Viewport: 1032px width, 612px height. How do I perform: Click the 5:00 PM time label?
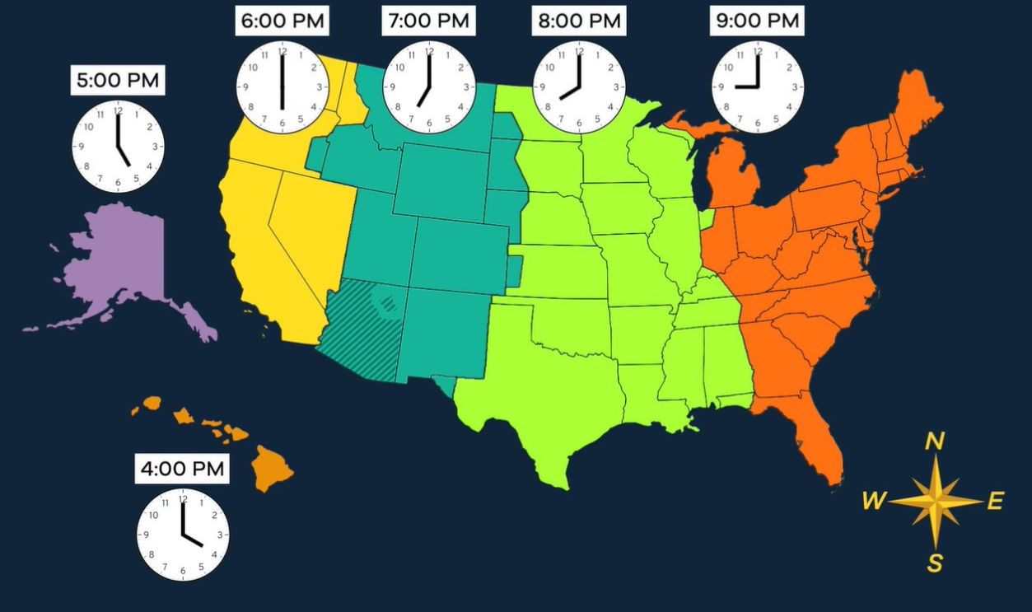[117, 82]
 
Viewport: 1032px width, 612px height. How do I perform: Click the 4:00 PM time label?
[182, 469]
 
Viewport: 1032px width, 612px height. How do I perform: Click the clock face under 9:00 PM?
[758, 86]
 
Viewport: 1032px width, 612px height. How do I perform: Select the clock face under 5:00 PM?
[118, 147]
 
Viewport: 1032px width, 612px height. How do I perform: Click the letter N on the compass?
[935, 442]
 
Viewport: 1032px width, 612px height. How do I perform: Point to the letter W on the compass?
[874, 500]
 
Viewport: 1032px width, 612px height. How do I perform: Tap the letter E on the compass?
[995, 500]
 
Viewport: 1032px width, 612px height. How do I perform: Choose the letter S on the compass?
[935, 563]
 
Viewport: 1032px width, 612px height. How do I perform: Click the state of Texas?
[544, 404]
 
